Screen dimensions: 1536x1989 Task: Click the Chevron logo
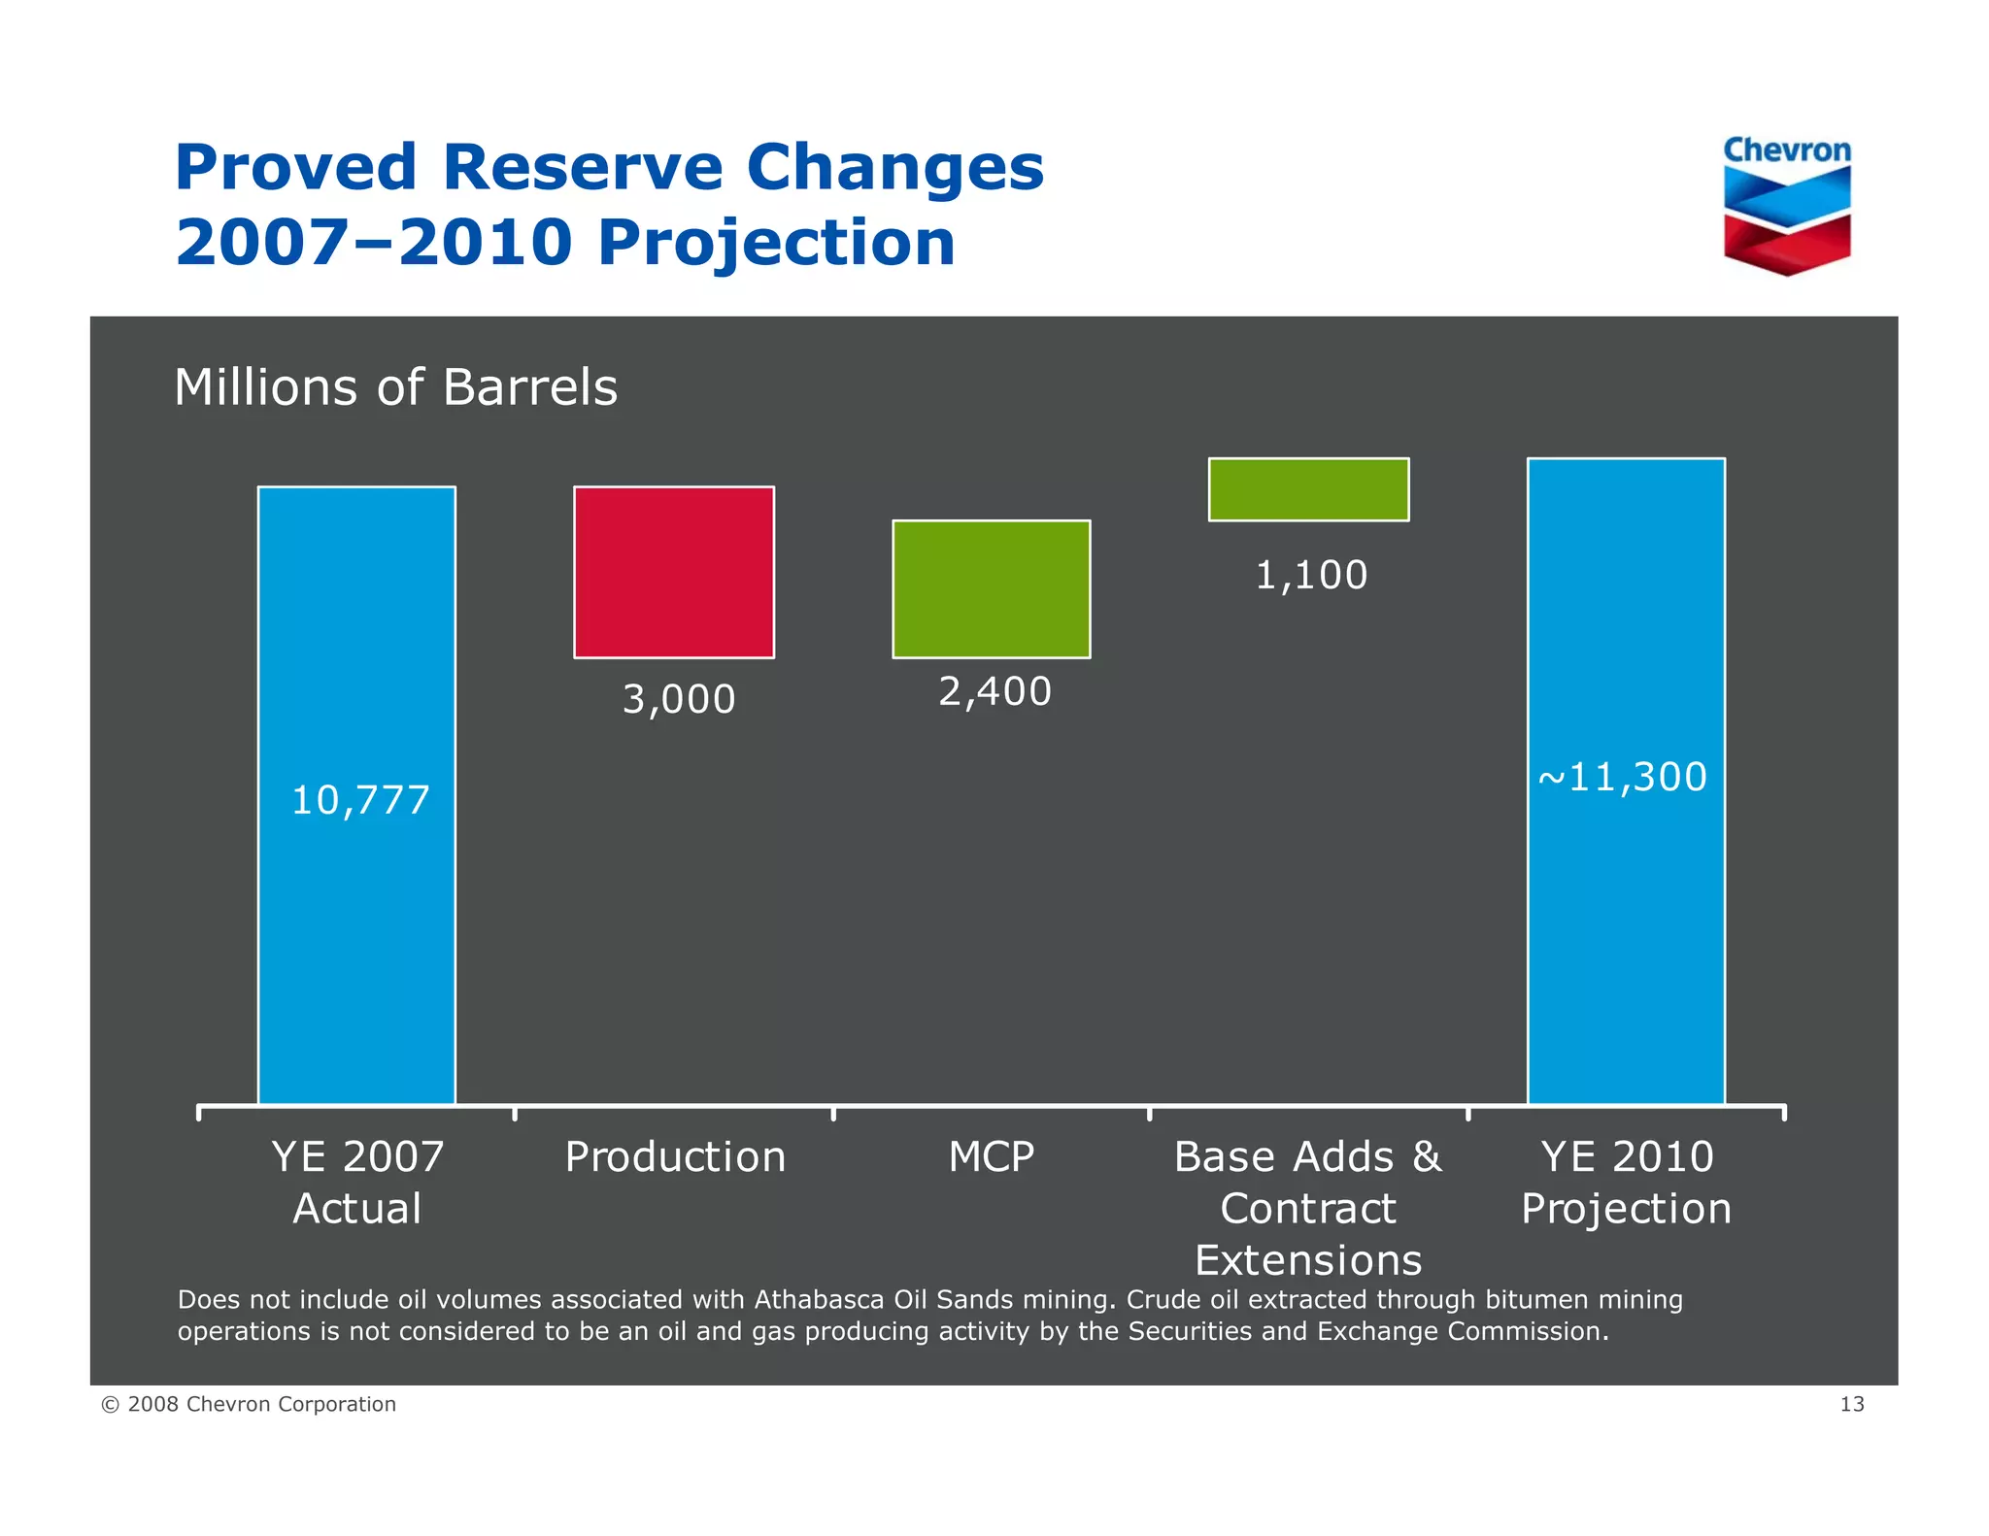coord(1787,206)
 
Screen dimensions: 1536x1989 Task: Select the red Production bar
coord(674,572)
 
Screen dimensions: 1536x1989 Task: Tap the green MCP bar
coord(992,589)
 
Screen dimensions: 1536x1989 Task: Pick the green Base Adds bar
coord(1308,489)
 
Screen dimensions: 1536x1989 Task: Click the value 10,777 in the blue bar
coord(360,801)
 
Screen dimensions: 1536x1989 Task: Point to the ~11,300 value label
coord(1623,778)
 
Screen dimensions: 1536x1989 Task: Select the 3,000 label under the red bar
coord(679,700)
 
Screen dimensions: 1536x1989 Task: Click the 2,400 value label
coord(994,692)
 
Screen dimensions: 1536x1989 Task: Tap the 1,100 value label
coord(1311,576)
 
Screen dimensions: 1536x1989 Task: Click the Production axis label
coord(675,1157)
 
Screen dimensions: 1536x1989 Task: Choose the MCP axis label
coord(992,1157)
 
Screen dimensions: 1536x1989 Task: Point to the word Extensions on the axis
coord(1308,1261)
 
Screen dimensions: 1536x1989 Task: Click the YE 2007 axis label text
coord(357,1157)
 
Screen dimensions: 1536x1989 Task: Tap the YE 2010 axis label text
coord(1627,1157)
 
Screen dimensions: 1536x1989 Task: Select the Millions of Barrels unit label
coord(395,387)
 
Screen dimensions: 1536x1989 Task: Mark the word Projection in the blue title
coord(776,243)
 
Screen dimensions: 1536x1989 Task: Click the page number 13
coord(1851,1405)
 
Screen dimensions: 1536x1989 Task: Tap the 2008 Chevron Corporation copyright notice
coord(250,1405)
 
